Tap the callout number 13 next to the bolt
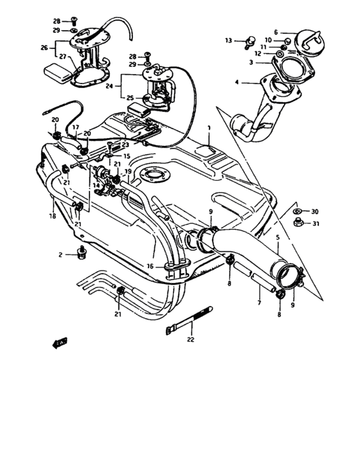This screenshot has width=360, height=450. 228,40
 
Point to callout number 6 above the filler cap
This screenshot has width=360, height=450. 276,32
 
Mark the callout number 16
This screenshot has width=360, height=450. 150,265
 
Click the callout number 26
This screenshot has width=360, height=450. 44,47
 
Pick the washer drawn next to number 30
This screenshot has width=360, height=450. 296,212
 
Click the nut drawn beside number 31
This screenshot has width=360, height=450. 298,223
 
